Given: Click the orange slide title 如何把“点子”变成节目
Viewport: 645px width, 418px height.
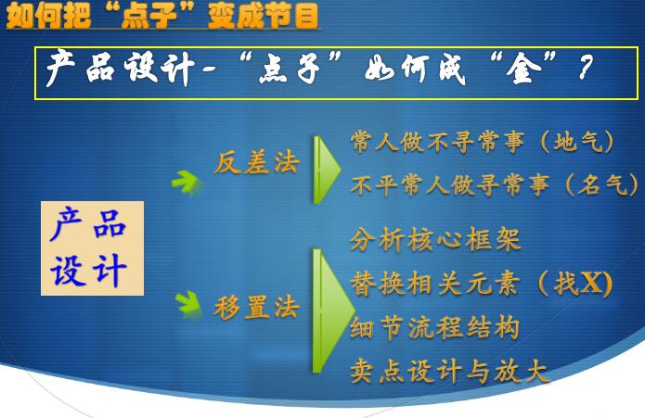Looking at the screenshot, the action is point(163,16).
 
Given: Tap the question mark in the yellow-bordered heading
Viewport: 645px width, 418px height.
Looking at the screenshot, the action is point(585,68).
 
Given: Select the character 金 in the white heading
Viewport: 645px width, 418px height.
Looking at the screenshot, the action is point(523,69).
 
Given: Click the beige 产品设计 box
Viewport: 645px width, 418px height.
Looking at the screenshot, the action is point(92,248).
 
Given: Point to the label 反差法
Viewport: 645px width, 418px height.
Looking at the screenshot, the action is point(257,162).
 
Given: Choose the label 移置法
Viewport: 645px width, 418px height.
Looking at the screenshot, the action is point(256,307).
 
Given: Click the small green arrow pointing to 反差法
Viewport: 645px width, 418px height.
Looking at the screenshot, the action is point(187,182).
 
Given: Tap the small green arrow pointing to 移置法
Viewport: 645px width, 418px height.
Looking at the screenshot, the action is point(188,303).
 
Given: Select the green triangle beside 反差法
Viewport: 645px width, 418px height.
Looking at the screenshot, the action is point(325,170).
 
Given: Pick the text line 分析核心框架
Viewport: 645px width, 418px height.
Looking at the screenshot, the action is point(435,238).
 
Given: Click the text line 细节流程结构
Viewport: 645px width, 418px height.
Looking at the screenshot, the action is point(435,327).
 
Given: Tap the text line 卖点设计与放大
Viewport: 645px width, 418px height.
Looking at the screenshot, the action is point(449,371).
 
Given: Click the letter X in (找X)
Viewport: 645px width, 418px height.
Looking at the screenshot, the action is point(592,283).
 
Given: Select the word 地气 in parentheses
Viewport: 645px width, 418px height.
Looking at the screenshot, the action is point(577,142).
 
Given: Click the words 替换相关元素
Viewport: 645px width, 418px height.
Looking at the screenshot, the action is point(435,284).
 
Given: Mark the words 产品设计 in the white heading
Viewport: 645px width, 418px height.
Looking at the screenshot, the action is point(120,68).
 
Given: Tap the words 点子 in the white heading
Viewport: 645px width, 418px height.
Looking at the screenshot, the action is point(290,69).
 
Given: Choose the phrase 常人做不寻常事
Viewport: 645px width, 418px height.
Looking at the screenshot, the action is point(437,142).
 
